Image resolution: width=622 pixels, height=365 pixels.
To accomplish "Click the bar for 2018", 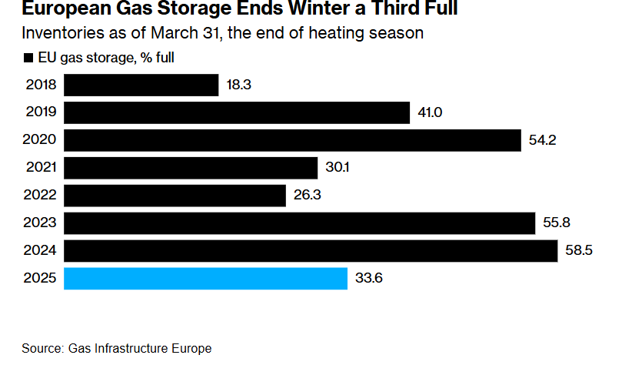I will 141,85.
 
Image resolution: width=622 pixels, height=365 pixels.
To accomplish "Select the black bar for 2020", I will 293,141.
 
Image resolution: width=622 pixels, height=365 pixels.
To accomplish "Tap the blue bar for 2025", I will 205,278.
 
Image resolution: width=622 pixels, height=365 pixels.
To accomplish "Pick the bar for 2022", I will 175,196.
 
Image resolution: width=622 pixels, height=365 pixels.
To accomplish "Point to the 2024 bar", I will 311,251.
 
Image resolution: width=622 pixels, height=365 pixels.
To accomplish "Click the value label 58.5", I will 577,251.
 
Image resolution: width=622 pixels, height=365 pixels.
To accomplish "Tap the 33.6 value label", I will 368,278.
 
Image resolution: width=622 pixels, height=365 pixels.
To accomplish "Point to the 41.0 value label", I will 430,113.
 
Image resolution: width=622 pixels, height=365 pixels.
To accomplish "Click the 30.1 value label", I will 337,168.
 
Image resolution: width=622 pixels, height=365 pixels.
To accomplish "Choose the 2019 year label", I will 41,113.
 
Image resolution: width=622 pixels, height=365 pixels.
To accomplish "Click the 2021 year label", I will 41,168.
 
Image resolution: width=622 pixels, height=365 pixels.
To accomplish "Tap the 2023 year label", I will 41,223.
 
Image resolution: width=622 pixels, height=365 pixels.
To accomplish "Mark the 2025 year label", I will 41,278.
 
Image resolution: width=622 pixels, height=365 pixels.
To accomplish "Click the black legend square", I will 28,58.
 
